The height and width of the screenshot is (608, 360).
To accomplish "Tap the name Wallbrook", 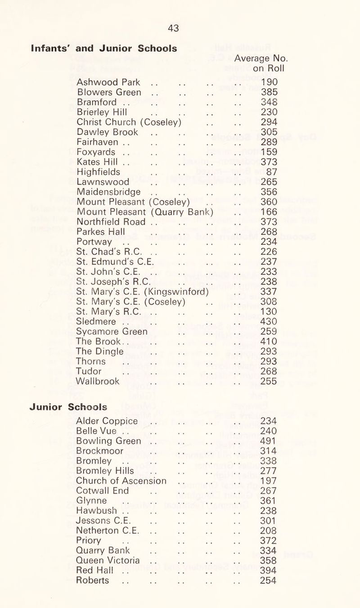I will pyautogui.click(x=98, y=380).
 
